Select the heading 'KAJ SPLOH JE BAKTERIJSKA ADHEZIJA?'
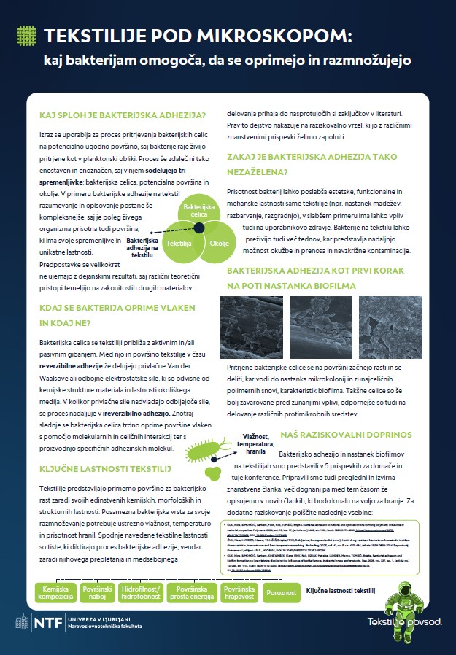pyautogui.click(x=122, y=115)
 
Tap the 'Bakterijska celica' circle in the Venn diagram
pyautogui.click(x=199, y=211)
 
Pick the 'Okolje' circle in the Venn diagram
pyautogui.click(x=219, y=243)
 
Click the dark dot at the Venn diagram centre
pyautogui.click(x=198, y=229)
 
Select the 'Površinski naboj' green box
pyautogui.click(x=96, y=592)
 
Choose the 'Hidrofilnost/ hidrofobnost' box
pyautogui.click(x=142, y=592)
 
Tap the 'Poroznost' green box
pyautogui.click(x=280, y=592)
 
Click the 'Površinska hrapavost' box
pyautogui.click(x=239, y=592)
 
